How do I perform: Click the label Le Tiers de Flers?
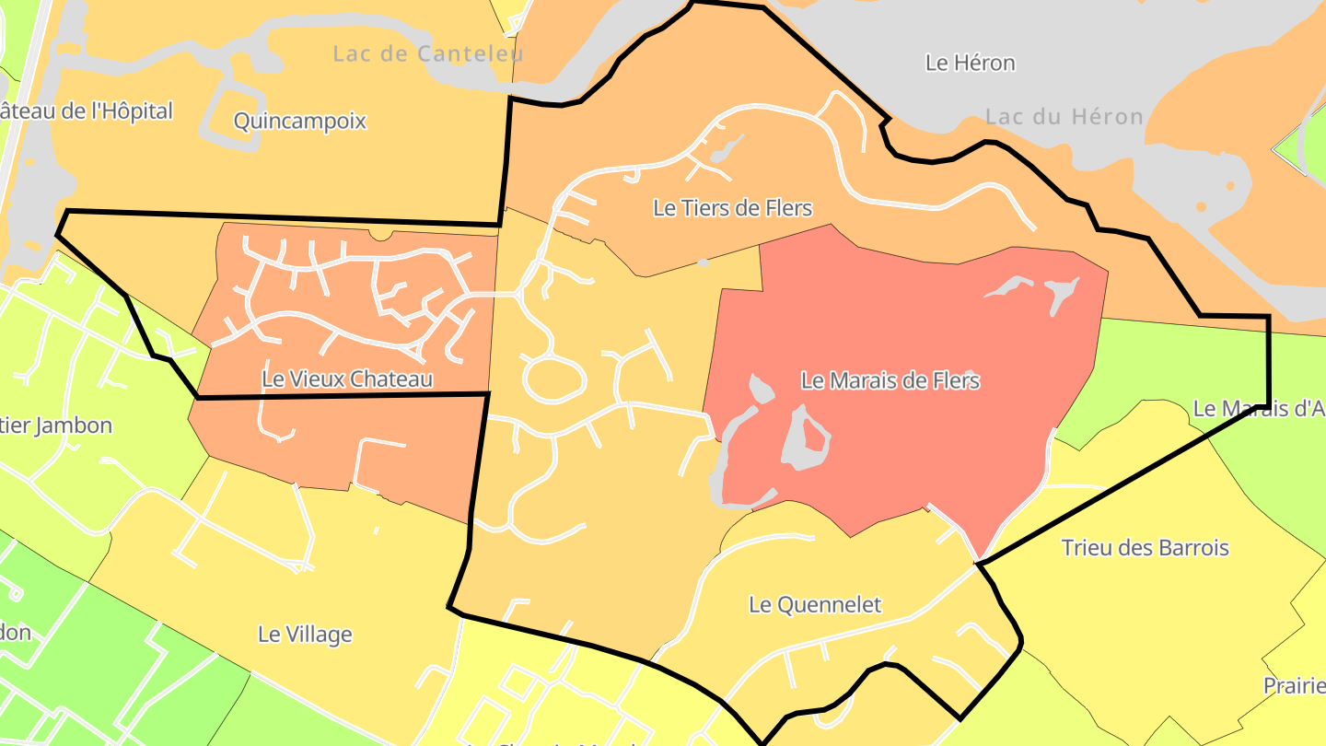point(732,208)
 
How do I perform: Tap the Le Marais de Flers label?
point(890,380)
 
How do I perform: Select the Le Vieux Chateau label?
point(347,379)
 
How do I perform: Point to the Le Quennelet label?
point(815,605)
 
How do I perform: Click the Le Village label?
point(305,635)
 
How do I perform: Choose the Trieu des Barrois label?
point(1145,548)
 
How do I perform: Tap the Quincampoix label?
point(300,121)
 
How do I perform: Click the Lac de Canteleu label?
point(428,53)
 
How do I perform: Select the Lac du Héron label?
point(1064,117)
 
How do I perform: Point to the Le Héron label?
point(970,63)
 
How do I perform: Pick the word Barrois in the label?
point(1192,548)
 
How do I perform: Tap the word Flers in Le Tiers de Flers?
point(788,208)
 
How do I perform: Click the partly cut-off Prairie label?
point(1293,686)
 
